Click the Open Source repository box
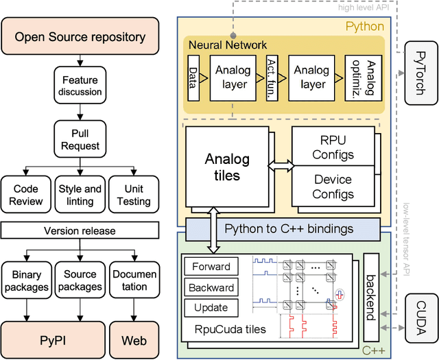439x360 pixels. (80, 36)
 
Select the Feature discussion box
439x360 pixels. (80, 86)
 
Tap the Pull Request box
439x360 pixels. (80, 140)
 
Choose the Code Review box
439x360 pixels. (26, 195)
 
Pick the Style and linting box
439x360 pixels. (80, 195)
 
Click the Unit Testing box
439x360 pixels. (133, 195)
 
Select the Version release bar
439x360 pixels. (80, 231)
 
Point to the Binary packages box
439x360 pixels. (26, 280)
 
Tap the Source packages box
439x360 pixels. (80, 280)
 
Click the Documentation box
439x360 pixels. (133, 280)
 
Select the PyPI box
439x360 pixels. (53, 339)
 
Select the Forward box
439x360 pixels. (212, 267)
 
